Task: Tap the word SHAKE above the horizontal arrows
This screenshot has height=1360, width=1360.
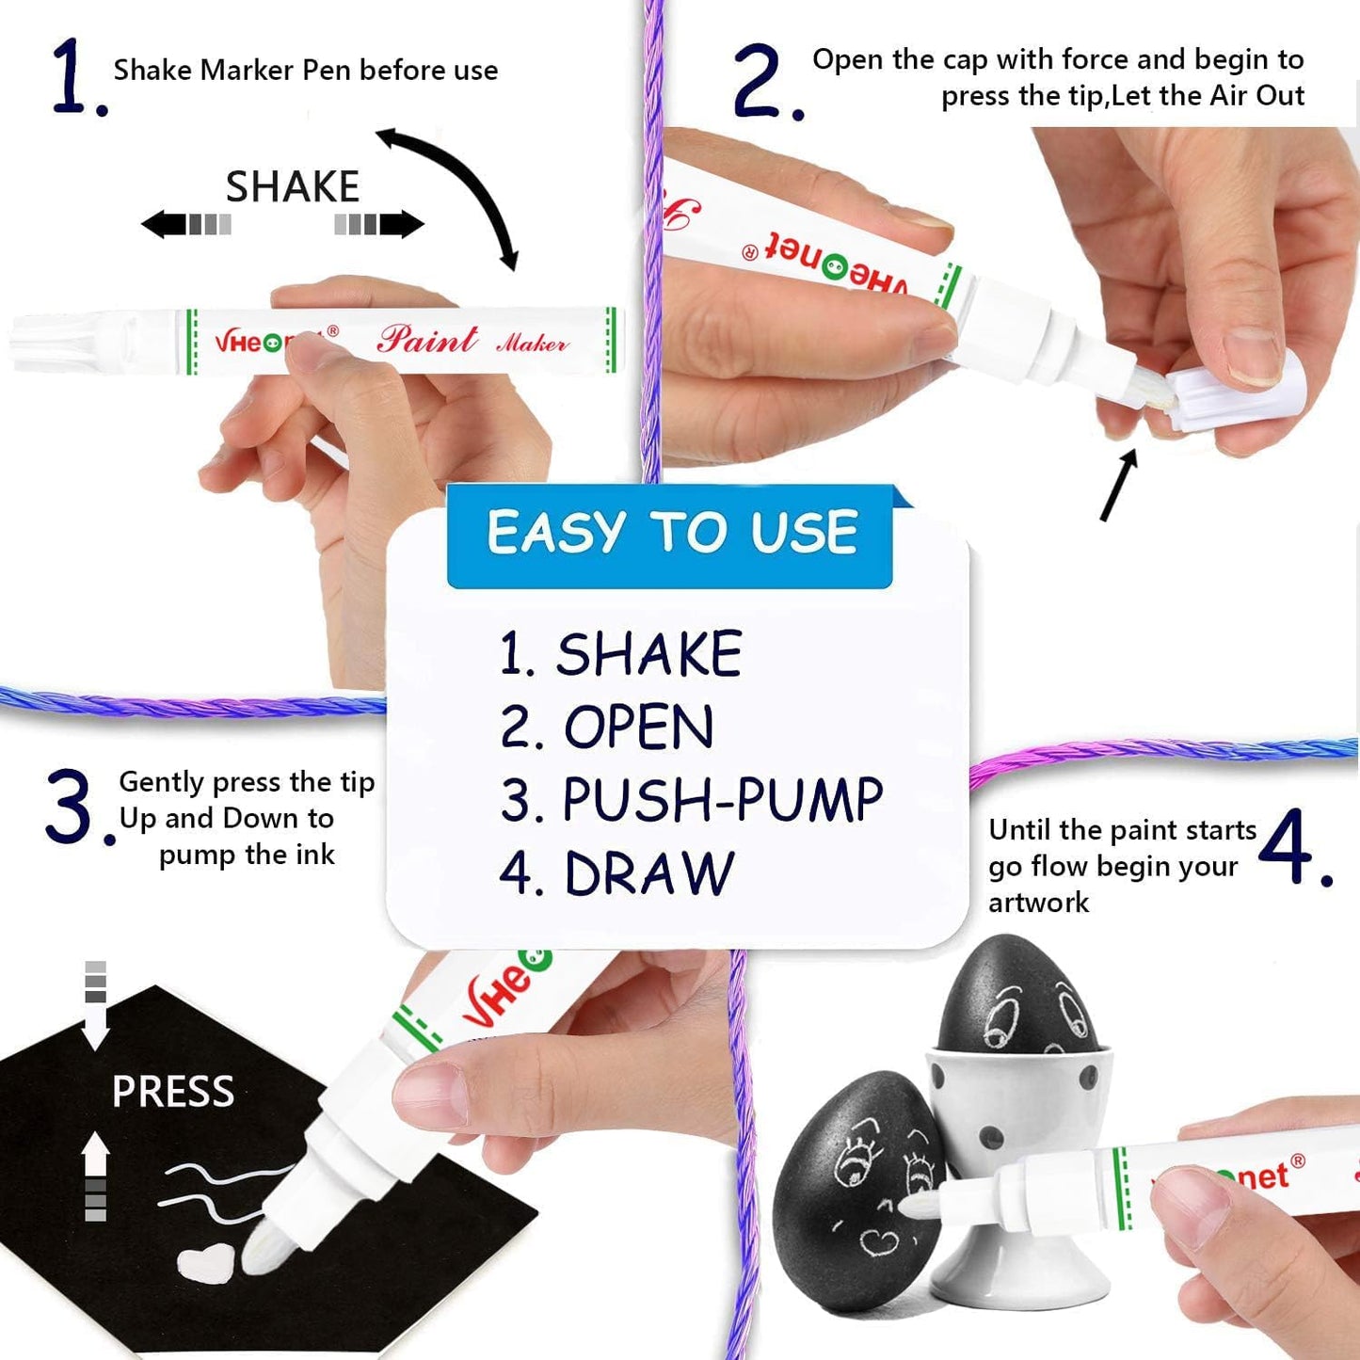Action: click(292, 186)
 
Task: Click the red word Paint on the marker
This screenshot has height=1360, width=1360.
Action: click(426, 339)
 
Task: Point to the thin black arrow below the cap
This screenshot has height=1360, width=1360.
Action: click(1119, 485)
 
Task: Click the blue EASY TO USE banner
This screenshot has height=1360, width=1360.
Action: click(670, 534)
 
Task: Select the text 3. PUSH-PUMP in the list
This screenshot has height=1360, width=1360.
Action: click(691, 800)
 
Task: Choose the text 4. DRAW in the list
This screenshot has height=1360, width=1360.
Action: click(616, 873)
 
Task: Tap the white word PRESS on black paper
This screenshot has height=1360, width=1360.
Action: click(172, 1092)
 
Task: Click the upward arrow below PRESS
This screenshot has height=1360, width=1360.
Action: click(95, 1172)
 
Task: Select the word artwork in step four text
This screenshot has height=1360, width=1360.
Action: click(1038, 903)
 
